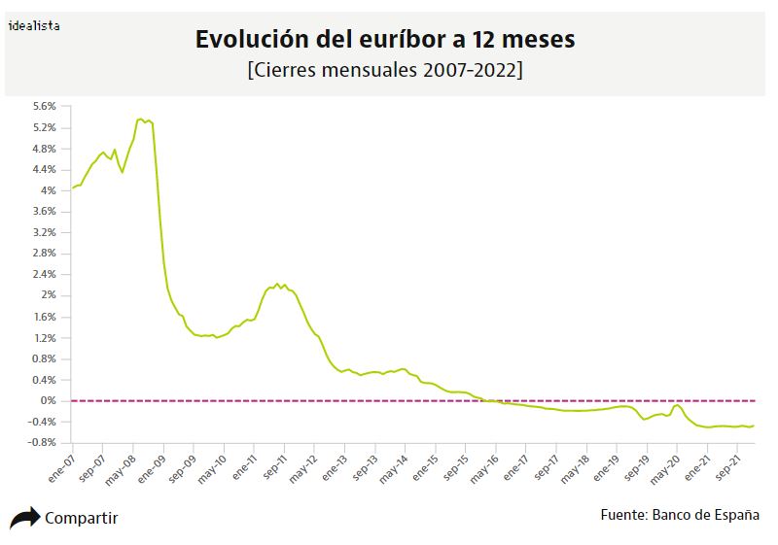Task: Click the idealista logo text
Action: click(x=33, y=26)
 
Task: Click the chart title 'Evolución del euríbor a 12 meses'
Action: click(x=385, y=40)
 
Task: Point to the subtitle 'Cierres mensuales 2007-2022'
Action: click(x=385, y=71)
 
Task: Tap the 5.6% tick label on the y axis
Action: click(x=45, y=107)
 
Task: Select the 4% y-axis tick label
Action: click(x=49, y=190)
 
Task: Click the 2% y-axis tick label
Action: click(x=49, y=295)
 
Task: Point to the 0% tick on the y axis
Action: click(x=49, y=400)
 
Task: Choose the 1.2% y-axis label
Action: click(x=45, y=338)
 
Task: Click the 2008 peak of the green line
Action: click(x=141, y=119)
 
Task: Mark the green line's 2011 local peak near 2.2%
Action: click(x=277, y=284)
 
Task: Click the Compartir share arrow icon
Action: click(x=24, y=518)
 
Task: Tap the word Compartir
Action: click(x=82, y=518)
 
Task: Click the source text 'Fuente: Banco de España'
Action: click(x=680, y=515)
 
